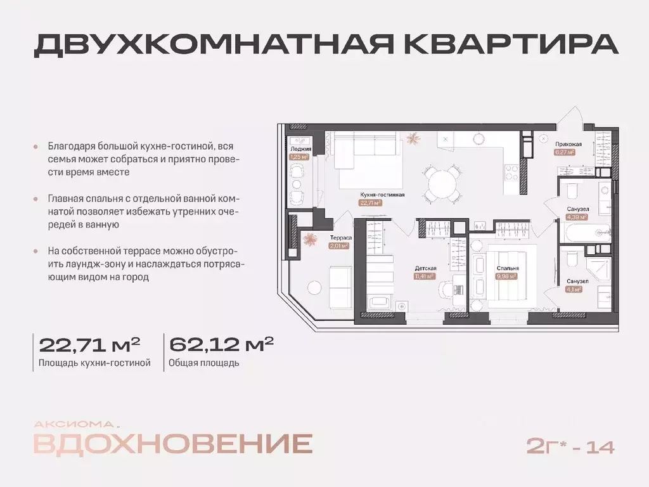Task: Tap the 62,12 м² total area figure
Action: (x=221, y=345)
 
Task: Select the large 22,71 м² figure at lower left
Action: (x=89, y=345)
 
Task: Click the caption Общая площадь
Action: (x=204, y=363)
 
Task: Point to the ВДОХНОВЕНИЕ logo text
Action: (x=172, y=444)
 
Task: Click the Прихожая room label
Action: (x=565, y=144)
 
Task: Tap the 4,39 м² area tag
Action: (x=577, y=216)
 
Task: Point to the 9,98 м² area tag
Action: (x=508, y=276)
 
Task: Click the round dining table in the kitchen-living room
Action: (x=442, y=185)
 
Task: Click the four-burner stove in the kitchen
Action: (x=511, y=171)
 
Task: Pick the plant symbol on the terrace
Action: (x=311, y=239)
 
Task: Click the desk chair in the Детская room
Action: (x=447, y=288)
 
